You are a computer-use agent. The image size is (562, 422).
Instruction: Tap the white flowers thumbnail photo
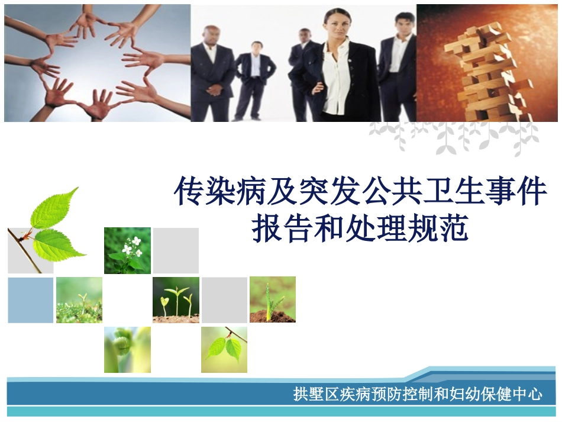[x=127, y=250]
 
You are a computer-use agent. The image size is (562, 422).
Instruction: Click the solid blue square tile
[x=30, y=300]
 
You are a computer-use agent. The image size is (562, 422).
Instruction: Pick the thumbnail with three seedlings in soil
[x=176, y=300]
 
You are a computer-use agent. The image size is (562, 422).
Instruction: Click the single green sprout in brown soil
[x=272, y=300]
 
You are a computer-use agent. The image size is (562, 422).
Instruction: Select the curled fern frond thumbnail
[x=127, y=349]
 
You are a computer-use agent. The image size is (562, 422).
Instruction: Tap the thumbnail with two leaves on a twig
[x=224, y=349]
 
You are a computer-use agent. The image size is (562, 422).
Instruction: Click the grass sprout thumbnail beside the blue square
[x=79, y=300]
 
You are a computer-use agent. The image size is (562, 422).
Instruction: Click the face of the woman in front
[x=338, y=25]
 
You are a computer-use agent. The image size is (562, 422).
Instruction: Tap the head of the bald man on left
[x=211, y=34]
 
